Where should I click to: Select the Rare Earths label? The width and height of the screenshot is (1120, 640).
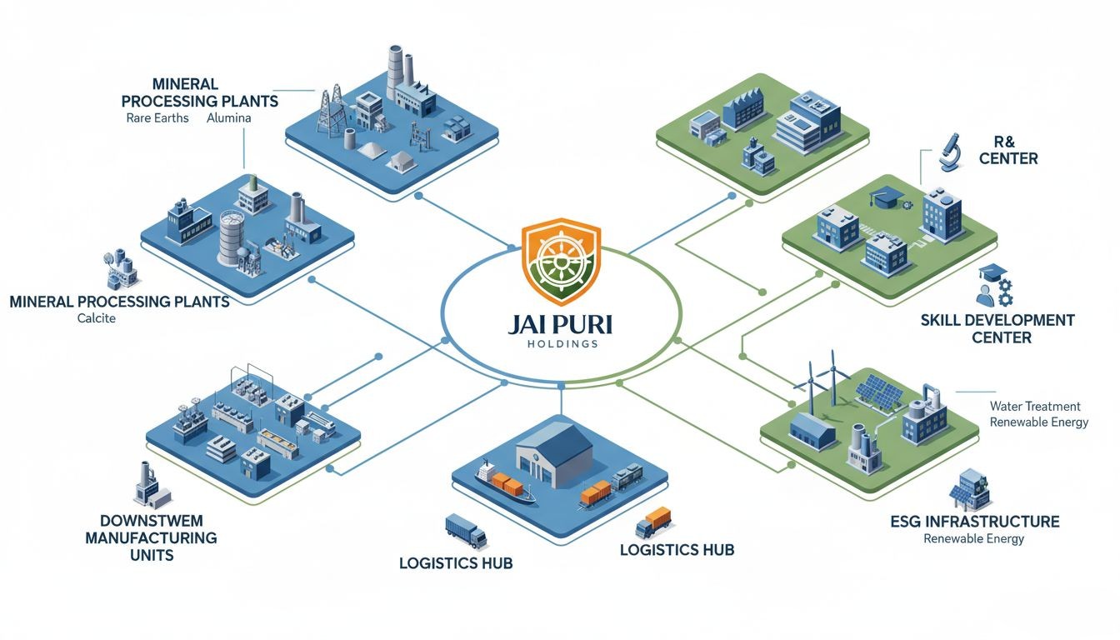click(157, 118)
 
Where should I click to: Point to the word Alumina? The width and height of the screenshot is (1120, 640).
click(229, 118)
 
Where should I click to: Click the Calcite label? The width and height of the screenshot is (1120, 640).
click(97, 318)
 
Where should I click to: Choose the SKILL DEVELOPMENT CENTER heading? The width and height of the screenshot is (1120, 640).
click(997, 328)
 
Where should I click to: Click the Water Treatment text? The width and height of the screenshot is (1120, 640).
click(1035, 406)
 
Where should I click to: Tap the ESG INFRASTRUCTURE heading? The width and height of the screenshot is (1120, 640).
click(975, 522)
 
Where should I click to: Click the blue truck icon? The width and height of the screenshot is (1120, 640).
click(466, 531)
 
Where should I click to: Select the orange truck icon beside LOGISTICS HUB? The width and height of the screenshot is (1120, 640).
click(653, 522)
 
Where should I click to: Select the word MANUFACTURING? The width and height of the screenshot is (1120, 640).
click(151, 537)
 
